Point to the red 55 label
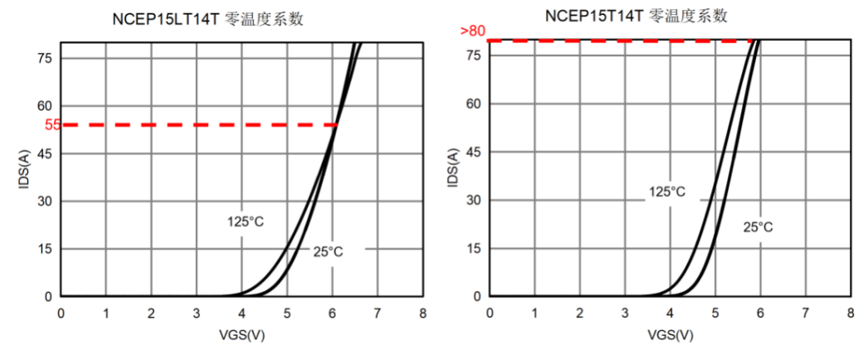(52, 125)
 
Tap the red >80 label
(472, 32)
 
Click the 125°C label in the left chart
(245, 221)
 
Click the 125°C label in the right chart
(667, 192)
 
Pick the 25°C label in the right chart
(758, 226)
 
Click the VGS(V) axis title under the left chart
(241, 335)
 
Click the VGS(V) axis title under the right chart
(670, 335)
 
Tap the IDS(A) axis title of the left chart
(23, 168)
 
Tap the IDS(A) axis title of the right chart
(452, 168)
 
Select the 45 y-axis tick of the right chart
(474, 152)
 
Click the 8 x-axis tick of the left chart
(422, 314)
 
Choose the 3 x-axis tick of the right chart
(625, 314)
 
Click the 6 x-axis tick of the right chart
(760, 314)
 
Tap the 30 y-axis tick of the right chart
(474, 200)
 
